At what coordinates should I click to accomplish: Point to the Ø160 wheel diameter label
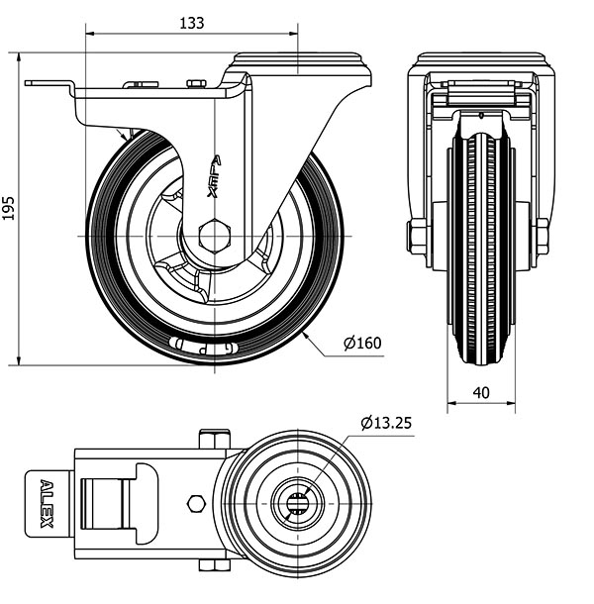[x=362, y=344]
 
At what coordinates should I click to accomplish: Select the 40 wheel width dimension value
[x=481, y=392]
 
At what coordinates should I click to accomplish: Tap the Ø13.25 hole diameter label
[x=386, y=423]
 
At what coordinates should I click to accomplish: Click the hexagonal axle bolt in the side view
[x=214, y=237]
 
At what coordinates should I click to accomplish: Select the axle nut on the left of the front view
[x=417, y=237]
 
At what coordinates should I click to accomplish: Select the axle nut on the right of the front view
[x=543, y=237]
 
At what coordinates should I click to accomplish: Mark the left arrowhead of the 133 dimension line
[x=91, y=34]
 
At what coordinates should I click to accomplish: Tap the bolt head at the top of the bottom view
[x=214, y=438]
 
